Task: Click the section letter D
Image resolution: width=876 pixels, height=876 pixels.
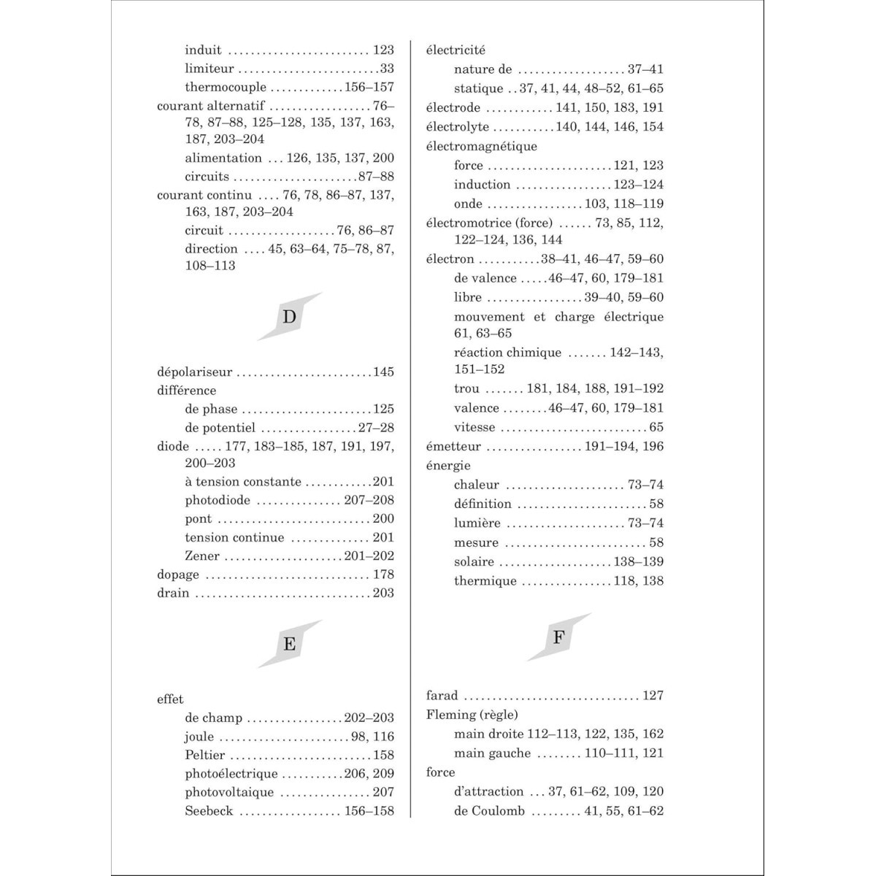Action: pos(290,317)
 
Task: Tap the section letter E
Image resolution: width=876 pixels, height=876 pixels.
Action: pos(290,644)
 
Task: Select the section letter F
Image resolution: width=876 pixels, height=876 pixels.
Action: pos(559,637)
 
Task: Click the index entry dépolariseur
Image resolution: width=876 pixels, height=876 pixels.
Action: pos(194,372)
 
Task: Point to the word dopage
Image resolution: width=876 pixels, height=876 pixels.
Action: pos(178,575)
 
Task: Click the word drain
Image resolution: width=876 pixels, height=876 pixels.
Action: pos(173,593)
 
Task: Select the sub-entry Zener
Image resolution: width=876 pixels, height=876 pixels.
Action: pos(202,556)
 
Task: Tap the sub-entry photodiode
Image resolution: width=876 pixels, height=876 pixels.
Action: pos(218,501)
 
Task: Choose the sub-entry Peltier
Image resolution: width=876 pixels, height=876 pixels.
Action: pos(205,756)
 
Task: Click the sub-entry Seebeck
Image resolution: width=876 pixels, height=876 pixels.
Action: pos(209,811)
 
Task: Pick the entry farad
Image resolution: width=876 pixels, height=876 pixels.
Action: pos(442,696)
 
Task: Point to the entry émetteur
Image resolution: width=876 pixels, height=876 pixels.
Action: pos(453,447)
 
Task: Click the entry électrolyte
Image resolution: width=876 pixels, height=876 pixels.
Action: pos(458,127)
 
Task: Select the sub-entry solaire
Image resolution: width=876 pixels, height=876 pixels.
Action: pos(474,562)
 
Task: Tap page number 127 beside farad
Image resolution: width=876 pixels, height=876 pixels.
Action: pos(653,696)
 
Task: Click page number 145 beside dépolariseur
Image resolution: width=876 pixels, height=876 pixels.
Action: pos(383,372)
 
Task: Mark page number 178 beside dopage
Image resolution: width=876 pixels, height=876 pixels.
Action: pos(383,575)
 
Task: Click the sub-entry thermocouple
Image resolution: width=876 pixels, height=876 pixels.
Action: pos(226,88)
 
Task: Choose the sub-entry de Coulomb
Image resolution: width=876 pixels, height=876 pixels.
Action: pos(489,811)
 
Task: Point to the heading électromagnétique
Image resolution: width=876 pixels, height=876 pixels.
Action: pos(482,147)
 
